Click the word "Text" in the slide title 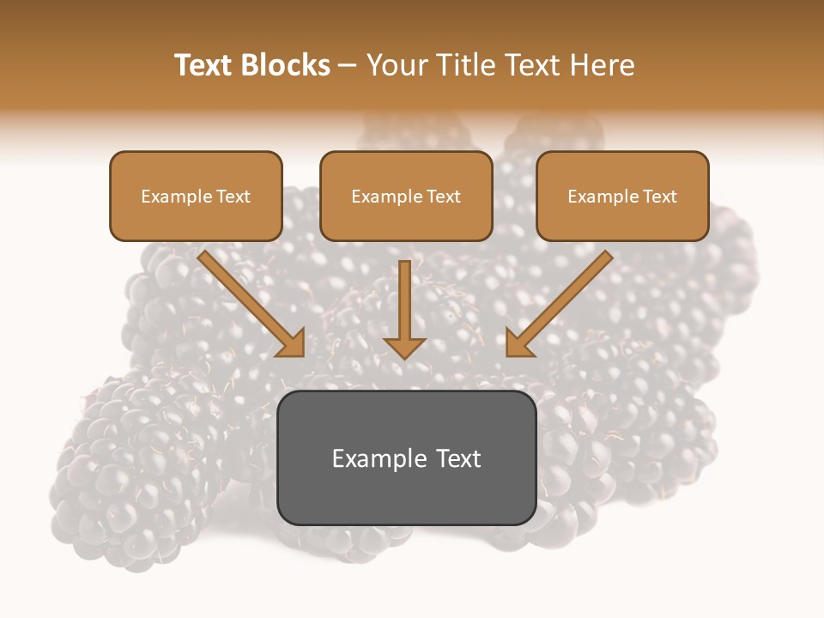tap(205, 65)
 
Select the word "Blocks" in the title tap(287, 65)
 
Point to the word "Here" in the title tap(605, 65)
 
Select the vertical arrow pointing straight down tap(404, 300)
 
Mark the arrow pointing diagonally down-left tap(558, 305)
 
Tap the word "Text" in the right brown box tap(660, 197)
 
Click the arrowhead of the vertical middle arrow tap(404, 347)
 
